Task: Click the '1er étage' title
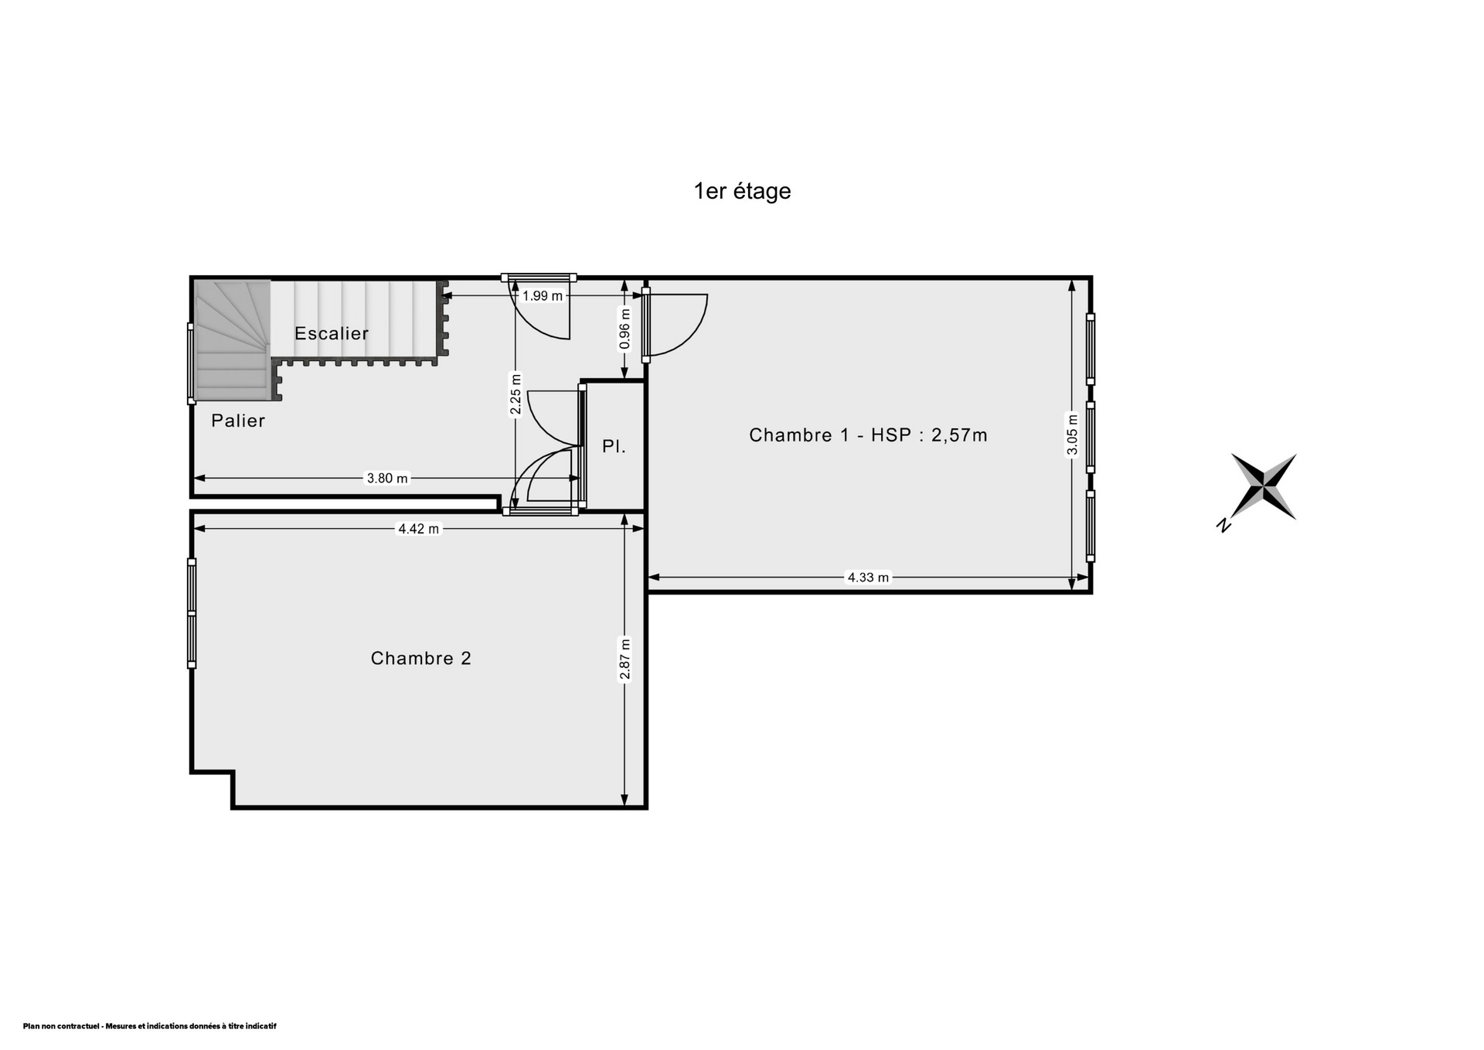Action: point(742,191)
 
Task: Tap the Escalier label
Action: point(332,333)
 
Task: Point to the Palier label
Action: point(238,421)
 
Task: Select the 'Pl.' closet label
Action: point(614,446)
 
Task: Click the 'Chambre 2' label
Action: point(420,658)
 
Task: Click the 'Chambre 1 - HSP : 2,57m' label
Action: point(868,435)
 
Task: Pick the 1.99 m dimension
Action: point(543,295)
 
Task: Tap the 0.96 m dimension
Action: point(625,329)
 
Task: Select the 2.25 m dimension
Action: point(516,394)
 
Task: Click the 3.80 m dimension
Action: point(386,479)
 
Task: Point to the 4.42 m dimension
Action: point(418,529)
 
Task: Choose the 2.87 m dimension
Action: point(625,660)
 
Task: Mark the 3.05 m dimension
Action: point(1071,436)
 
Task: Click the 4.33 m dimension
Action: point(868,577)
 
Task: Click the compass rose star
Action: point(1263,486)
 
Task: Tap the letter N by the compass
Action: point(1224,526)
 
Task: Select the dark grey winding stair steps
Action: point(231,340)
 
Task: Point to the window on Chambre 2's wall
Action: point(192,613)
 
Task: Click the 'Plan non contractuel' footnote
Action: point(149,1026)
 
